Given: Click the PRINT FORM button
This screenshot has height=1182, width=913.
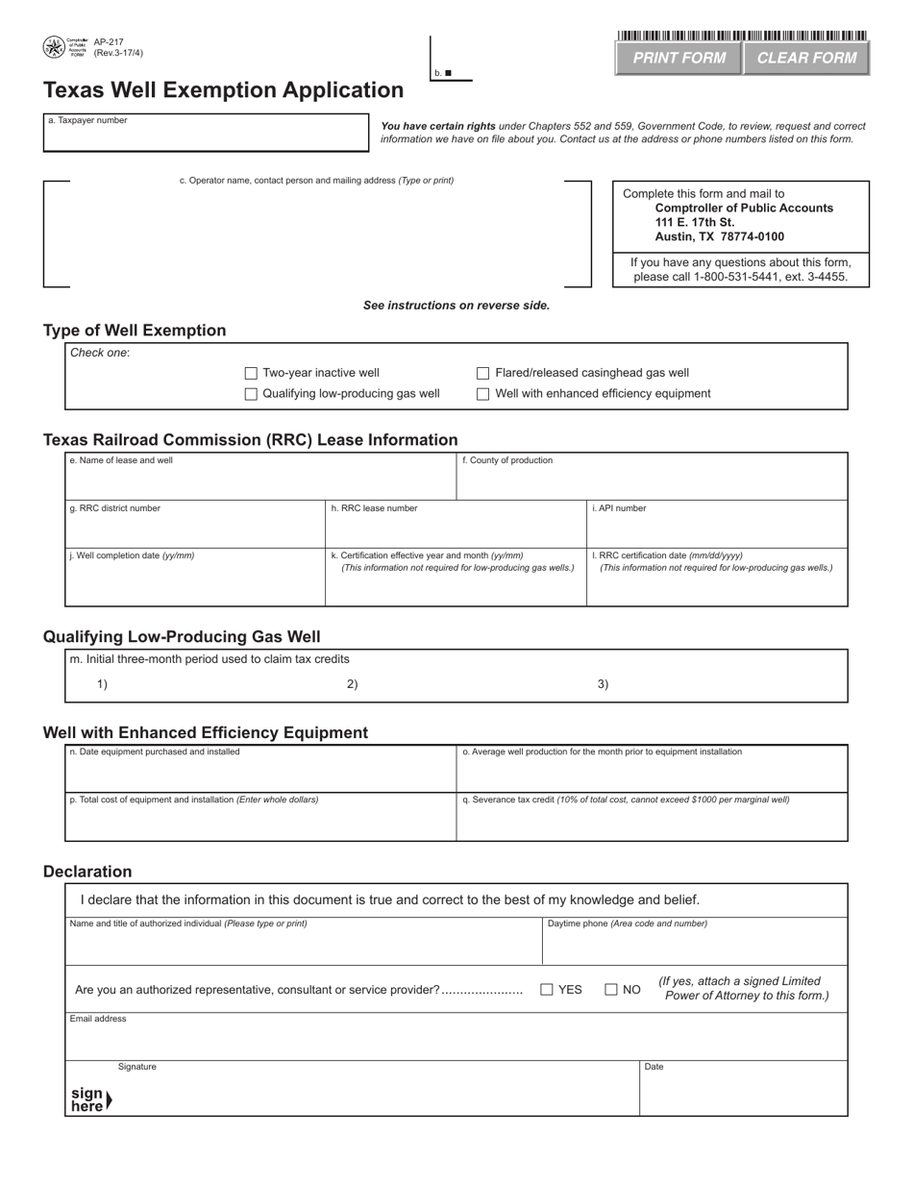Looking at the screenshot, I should (x=679, y=58).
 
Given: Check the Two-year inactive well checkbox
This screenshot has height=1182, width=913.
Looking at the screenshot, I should (x=251, y=373).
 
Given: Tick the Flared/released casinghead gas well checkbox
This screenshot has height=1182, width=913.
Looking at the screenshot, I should (x=483, y=373).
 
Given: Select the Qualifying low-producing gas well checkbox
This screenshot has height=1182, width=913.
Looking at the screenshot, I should (x=251, y=394).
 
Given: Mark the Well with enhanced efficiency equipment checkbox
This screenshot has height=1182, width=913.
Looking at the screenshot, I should (x=483, y=394).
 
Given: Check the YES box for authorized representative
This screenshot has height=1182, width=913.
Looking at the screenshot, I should (x=547, y=990).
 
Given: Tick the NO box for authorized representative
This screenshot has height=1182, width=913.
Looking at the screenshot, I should (x=611, y=990).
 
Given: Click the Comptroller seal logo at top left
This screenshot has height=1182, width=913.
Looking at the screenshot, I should (x=54, y=47).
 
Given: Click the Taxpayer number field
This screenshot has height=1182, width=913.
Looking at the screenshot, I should (x=206, y=136).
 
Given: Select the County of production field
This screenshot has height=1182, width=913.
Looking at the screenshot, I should (x=652, y=481).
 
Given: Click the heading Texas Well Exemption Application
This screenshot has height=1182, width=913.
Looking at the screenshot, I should (x=223, y=90).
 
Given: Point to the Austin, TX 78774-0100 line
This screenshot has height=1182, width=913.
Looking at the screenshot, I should (x=719, y=236).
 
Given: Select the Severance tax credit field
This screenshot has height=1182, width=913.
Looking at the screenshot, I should (x=652, y=822).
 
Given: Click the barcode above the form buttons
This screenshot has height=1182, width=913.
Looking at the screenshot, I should (x=742, y=36).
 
